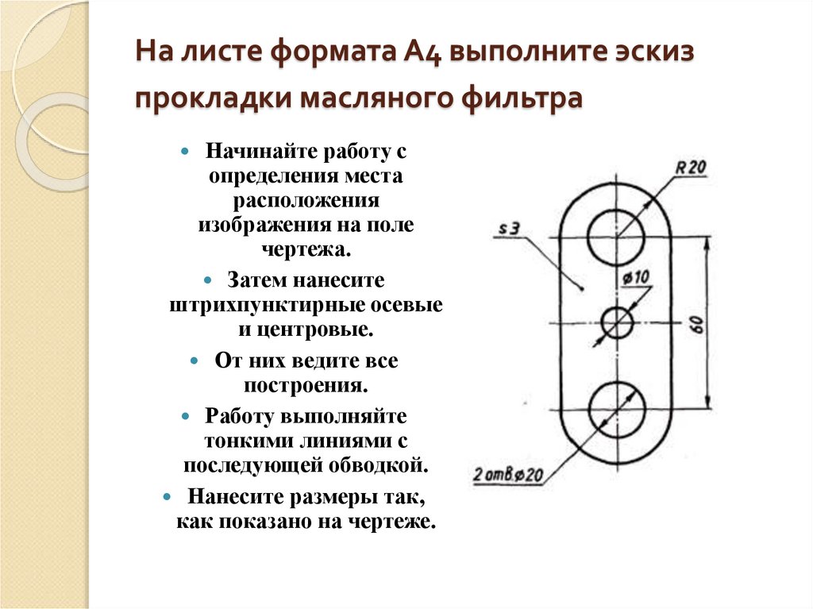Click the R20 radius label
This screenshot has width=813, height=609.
[x=690, y=168]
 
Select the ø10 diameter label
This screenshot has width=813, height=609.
[x=637, y=277]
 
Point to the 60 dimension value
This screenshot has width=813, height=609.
[x=697, y=324]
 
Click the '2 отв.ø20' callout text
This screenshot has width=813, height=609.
[x=508, y=476]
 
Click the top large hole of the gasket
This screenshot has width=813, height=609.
[x=617, y=236]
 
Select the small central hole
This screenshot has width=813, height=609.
[x=617, y=323]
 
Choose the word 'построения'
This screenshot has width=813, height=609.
[x=306, y=386]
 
